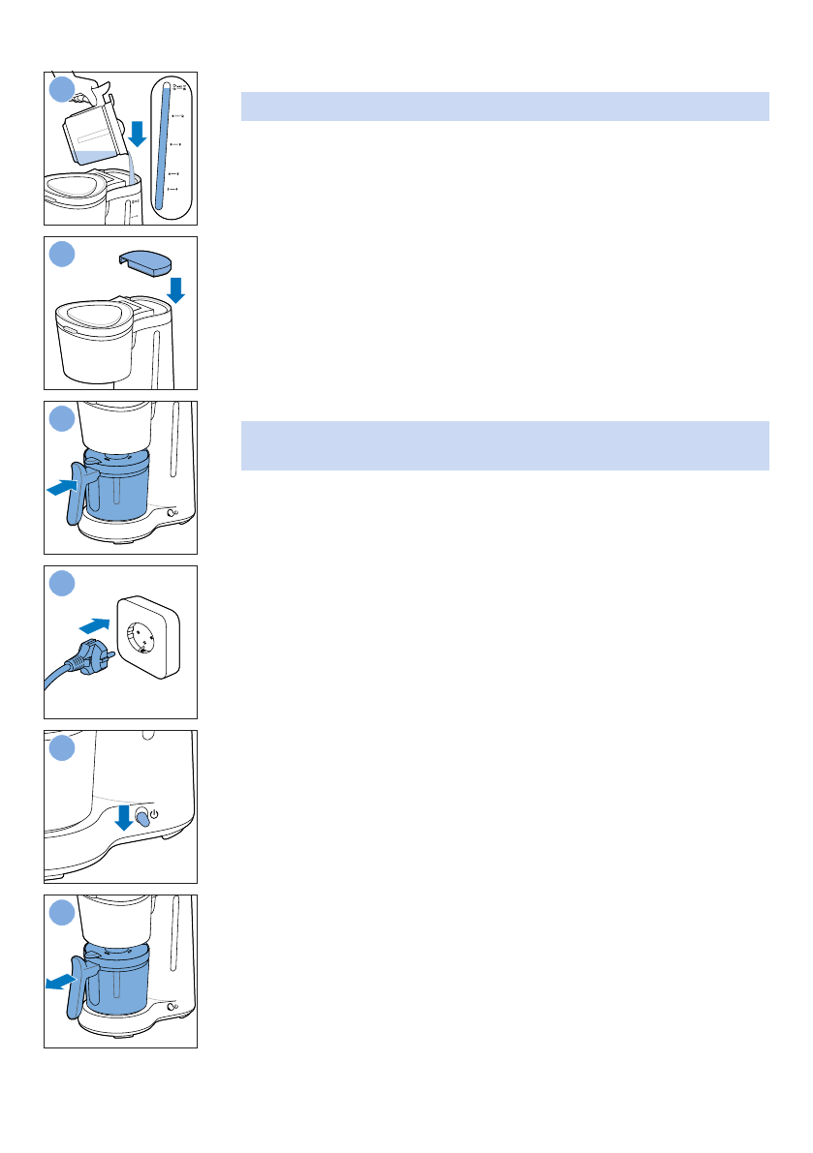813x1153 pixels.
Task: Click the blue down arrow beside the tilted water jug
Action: [x=138, y=133]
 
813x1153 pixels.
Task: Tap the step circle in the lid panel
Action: [x=62, y=255]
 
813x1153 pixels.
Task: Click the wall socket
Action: [x=147, y=634]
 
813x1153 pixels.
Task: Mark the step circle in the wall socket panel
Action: [x=62, y=584]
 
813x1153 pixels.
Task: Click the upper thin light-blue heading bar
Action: [x=505, y=106]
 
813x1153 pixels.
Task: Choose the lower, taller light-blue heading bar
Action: [x=505, y=445]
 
